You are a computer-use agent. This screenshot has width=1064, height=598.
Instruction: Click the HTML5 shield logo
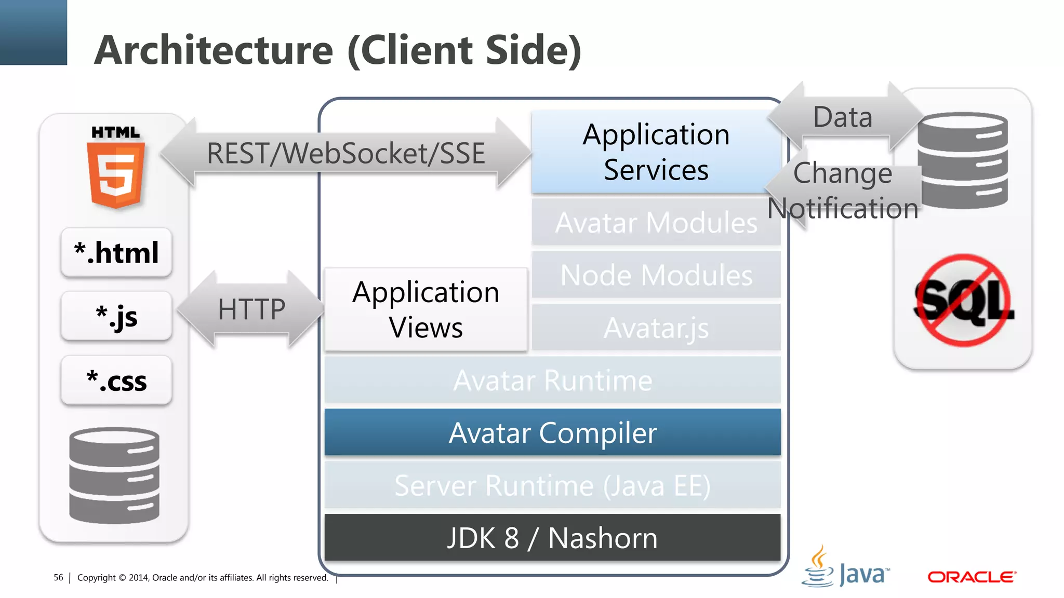tap(115, 174)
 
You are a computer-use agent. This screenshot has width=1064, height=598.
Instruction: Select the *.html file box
tap(116, 252)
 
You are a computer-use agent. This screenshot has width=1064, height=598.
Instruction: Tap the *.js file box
tap(116, 316)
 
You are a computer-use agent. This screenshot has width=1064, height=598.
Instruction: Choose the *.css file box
tap(116, 380)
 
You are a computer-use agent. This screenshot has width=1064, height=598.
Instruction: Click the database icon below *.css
tap(114, 475)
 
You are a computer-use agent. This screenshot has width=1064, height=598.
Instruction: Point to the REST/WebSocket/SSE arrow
tap(345, 153)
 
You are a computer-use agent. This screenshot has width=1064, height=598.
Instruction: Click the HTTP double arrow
tap(251, 309)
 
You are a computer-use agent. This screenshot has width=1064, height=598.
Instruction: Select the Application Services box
tap(656, 152)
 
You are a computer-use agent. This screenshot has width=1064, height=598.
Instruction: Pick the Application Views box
tap(425, 309)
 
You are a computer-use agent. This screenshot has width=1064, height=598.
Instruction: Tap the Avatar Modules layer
tap(656, 223)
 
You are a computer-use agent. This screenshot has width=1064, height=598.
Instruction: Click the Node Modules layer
tap(656, 275)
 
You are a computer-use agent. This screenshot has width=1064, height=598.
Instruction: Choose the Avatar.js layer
tap(656, 328)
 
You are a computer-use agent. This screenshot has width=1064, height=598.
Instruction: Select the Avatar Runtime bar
tap(552, 380)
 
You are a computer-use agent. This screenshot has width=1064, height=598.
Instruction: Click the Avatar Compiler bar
tap(552, 432)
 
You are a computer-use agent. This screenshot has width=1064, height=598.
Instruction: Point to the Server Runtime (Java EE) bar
tap(552, 485)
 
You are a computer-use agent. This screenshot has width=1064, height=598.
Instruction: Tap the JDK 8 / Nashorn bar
tap(552, 538)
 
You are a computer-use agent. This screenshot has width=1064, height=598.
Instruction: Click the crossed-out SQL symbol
tap(963, 301)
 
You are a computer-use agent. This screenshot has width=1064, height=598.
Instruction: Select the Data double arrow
tap(843, 117)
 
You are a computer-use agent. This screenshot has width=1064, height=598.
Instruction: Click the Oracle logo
tap(972, 577)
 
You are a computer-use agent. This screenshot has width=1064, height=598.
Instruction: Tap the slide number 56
tap(58, 577)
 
